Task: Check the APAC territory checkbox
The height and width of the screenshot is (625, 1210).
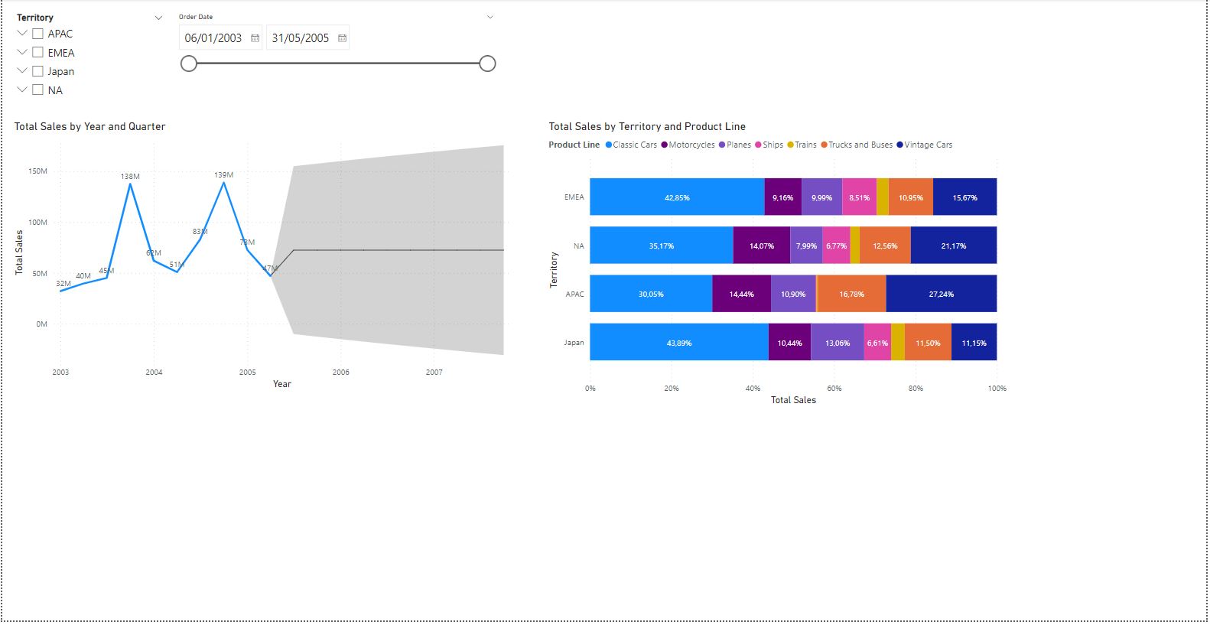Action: click(37, 34)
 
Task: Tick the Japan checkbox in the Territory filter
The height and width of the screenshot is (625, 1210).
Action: click(37, 71)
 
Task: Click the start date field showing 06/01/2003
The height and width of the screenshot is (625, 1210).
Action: click(213, 38)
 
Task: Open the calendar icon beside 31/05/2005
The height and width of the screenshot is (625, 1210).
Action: click(342, 38)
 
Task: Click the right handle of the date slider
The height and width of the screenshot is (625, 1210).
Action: click(487, 63)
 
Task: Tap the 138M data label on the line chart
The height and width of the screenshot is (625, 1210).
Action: click(130, 177)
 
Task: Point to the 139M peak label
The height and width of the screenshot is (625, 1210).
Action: click(224, 175)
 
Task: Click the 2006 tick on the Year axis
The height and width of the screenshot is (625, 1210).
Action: click(340, 373)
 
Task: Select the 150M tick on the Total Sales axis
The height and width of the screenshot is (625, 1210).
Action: click(37, 171)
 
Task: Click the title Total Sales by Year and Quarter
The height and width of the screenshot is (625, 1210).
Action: click(89, 127)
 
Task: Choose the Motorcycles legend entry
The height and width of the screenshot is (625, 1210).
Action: click(691, 145)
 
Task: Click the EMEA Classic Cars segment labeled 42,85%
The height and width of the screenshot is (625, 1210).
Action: click(677, 197)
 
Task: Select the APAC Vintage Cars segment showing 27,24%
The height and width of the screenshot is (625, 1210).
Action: click(941, 295)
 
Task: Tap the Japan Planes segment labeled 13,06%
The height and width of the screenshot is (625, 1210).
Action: click(838, 343)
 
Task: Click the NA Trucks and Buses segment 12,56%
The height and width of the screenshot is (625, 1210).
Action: click(885, 246)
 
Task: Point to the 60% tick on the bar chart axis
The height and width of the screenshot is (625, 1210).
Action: click(834, 389)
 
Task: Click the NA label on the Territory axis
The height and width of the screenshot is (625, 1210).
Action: click(579, 246)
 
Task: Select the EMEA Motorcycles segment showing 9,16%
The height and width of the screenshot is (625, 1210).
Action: click(782, 197)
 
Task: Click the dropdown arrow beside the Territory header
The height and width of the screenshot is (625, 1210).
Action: click(158, 18)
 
